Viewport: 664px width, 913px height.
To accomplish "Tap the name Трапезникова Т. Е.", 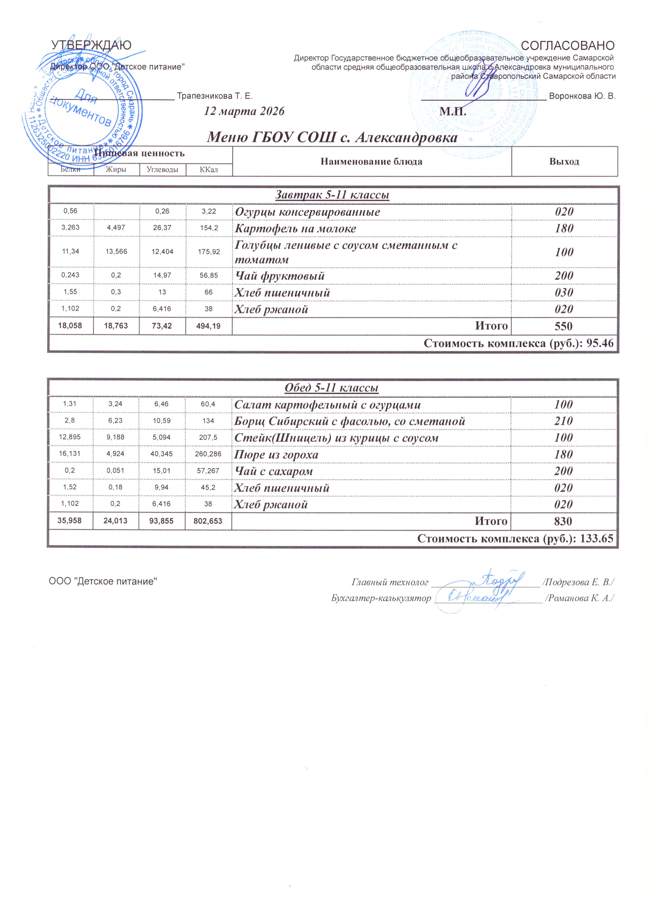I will [215, 96].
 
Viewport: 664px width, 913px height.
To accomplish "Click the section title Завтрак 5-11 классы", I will [332, 195].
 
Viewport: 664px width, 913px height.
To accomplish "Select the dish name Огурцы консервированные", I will [307, 212].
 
